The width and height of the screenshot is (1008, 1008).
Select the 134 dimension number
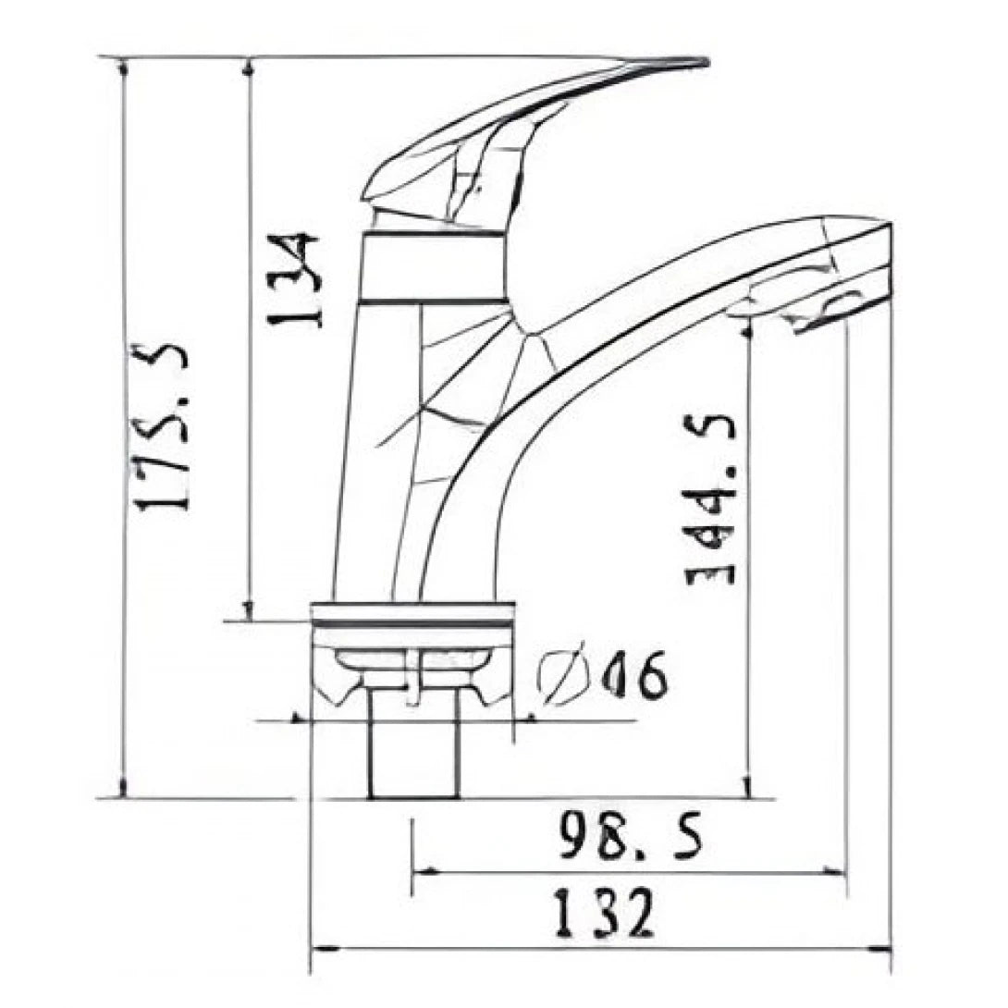tap(294, 279)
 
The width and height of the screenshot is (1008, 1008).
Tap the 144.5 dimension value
tap(711, 499)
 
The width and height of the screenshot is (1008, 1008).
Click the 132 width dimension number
tap(604, 914)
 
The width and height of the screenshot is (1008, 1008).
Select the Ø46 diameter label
tap(603, 678)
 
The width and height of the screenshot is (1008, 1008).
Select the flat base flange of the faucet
tap(412, 614)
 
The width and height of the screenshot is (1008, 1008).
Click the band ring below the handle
tap(433, 267)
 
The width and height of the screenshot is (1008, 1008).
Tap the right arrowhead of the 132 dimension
tap(885, 948)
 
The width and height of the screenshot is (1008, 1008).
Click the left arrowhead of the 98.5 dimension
tap(419, 871)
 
